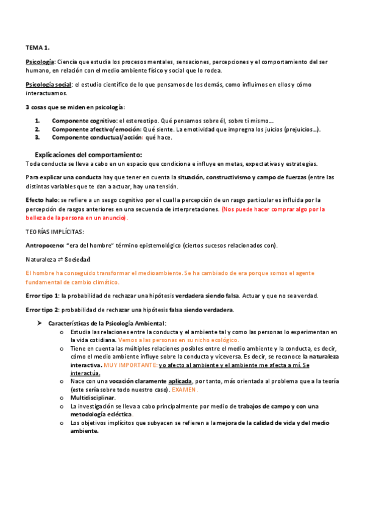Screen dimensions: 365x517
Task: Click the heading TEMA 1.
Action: coord(37,47)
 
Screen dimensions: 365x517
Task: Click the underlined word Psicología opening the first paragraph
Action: coord(40,62)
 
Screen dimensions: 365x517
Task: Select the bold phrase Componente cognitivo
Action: coord(84,121)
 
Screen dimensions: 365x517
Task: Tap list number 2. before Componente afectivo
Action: coord(37,129)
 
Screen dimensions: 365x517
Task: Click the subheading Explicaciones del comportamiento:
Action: coord(88,155)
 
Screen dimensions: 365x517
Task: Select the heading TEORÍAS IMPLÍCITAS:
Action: coord(55,232)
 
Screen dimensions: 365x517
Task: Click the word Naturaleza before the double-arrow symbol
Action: coord(44,259)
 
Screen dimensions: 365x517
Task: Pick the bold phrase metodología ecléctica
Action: coord(102,413)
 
